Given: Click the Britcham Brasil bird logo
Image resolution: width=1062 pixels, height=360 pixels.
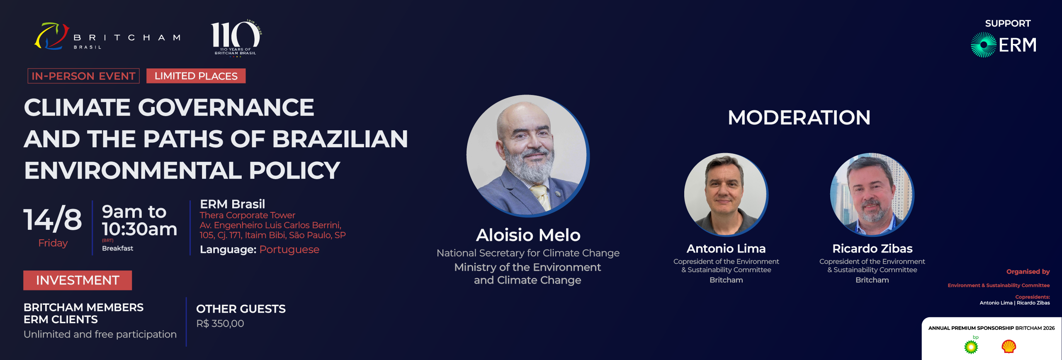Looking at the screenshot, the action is click(51, 36).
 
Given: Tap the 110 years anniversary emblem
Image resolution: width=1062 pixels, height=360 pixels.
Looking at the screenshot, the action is click(236, 38).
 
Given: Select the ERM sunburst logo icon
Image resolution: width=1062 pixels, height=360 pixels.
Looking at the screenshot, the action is click(983, 45).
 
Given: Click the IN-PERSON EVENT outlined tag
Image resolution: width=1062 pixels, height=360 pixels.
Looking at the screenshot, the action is click(83, 76).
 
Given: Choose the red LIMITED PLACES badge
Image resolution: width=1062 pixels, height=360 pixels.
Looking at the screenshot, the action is click(196, 76).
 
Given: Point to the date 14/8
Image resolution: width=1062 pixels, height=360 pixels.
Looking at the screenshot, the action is click(53, 219).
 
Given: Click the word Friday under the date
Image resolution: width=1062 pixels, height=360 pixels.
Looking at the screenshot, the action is click(53, 243).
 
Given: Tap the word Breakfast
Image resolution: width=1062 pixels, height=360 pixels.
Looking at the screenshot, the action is click(118, 248).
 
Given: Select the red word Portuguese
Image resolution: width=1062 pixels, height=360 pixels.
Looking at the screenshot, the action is click(289, 250).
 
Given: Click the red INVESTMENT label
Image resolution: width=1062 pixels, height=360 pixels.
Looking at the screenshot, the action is click(78, 280).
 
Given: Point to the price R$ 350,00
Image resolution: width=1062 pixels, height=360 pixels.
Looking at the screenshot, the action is click(220, 324).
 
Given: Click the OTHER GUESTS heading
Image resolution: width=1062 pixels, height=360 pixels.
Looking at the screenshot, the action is click(241, 309).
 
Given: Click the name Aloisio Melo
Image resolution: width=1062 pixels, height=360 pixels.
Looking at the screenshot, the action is click(528, 235).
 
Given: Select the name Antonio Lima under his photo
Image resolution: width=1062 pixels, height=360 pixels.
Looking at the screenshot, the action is click(726, 248).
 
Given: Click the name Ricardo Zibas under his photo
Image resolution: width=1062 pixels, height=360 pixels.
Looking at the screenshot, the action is click(872, 248).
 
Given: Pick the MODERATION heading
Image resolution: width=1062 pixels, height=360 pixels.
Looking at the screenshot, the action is click(799, 117).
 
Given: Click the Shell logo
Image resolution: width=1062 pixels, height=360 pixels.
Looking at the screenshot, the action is click(1009, 346).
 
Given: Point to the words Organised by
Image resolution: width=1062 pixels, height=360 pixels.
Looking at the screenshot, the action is click(1028, 272).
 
